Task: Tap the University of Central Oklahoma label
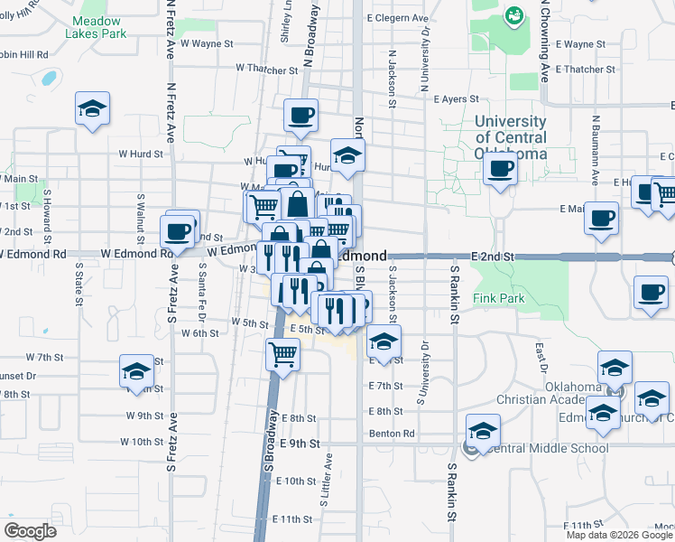(x=511, y=136)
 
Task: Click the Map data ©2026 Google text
(x=620, y=535)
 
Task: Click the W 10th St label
(x=142, y=442)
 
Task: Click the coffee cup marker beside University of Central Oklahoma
(x=499, y=166)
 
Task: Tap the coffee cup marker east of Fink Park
(x=650, y=292)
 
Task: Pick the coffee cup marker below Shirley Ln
(x=301, y=115)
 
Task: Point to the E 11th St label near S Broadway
(x=296, y=519)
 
